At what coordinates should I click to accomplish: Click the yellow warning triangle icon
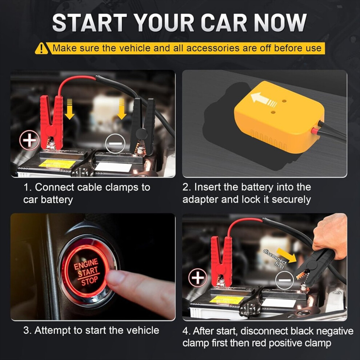pos(41,48)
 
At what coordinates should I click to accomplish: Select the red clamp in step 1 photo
pos(52,123)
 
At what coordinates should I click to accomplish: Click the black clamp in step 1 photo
pos(142,126)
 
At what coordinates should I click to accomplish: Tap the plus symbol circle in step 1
pos(29,140)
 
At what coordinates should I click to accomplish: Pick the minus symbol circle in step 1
pos(115,144)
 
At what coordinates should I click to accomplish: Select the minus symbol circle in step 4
pos(284,280)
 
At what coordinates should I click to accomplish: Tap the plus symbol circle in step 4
pos(198,278)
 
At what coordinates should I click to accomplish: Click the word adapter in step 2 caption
pos(200,200)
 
